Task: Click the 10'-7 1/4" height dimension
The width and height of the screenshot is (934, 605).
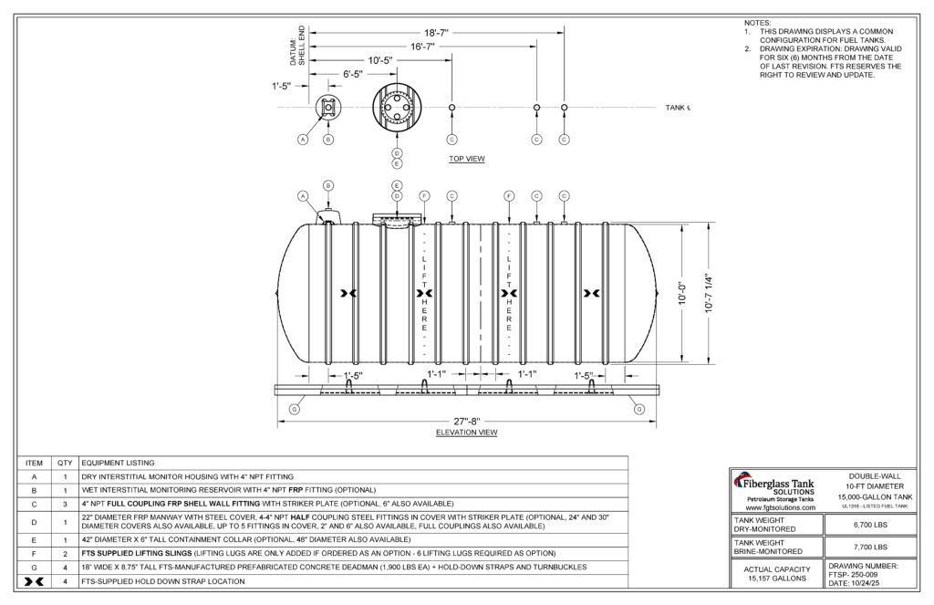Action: (707, 294)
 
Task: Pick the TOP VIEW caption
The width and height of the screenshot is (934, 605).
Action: (466, 159)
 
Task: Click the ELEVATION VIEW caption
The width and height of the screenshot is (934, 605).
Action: (466, 433)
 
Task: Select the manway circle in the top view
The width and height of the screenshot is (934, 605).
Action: (398, 108)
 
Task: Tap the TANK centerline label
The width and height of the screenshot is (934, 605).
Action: (678, 108)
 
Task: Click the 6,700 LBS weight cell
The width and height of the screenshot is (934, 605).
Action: (869, 525)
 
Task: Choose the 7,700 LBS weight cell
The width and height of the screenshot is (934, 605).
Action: (869, 547)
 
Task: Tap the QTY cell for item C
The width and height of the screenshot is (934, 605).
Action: (66, 504)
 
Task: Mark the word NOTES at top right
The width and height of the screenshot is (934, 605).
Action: (757, 22)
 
